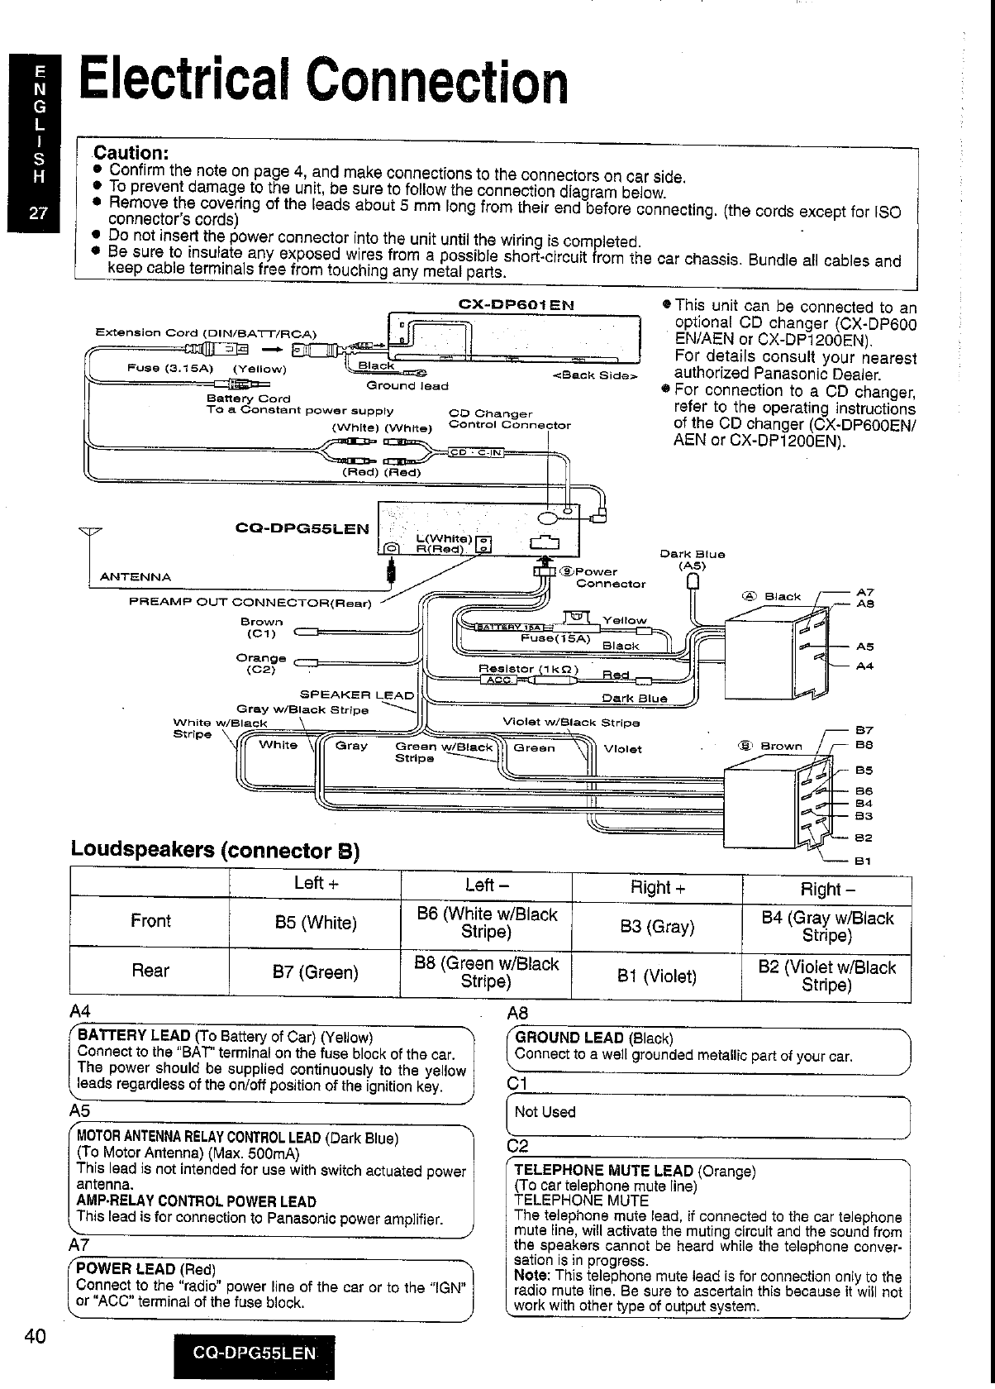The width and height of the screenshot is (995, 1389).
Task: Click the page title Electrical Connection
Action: click(x=323, y=80)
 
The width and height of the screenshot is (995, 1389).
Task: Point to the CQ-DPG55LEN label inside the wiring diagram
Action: click(x=302, y=527)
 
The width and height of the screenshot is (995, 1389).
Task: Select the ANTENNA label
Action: click(x=135, y=577)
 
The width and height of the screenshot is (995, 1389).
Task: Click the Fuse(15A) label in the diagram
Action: click(x=556, y=637)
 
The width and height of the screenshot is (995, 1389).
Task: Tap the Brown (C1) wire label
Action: click(x=262, y=628)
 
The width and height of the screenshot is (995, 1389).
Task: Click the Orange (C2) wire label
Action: click(x=261, y=663)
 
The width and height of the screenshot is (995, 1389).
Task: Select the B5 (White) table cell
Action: click(x=316, y=923)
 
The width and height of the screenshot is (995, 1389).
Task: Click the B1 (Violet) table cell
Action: click(x=657, y=976)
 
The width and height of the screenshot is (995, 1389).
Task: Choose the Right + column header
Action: click(x=657, y=888)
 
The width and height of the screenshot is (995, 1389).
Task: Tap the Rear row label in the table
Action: click(x=150, y=971)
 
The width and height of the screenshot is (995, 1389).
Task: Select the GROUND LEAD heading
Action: click(x=569, y=1038)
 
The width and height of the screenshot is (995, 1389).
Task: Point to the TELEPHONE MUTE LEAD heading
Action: click(x=603, y=1170)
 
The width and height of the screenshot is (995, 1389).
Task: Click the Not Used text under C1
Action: click(x=545, y=1112)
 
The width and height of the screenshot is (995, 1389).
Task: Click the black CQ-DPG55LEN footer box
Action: click(x=254, y=1353)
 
